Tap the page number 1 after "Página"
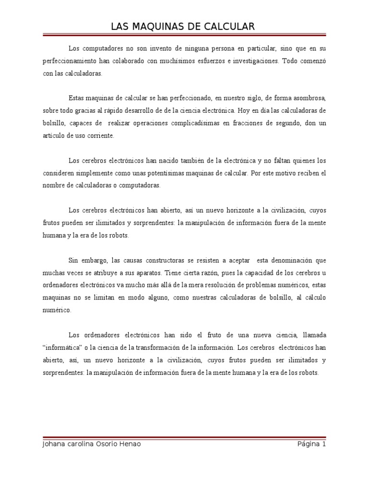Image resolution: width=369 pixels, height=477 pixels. (324, 444)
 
